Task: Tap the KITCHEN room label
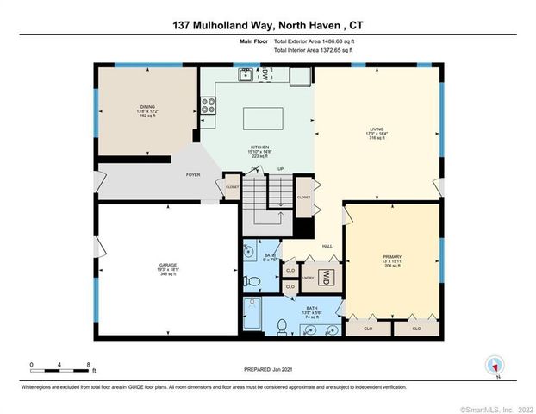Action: [x=259, y=147]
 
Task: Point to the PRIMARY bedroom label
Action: [x=392, y=258]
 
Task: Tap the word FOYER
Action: [x=193, y=174]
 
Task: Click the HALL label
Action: [x=327, y=246]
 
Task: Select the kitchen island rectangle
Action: [x=264, y=117]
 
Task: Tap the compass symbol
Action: [x=494, y=364]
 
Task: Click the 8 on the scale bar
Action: [x=88, y=365]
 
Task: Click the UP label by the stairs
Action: [x=280, y=168]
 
